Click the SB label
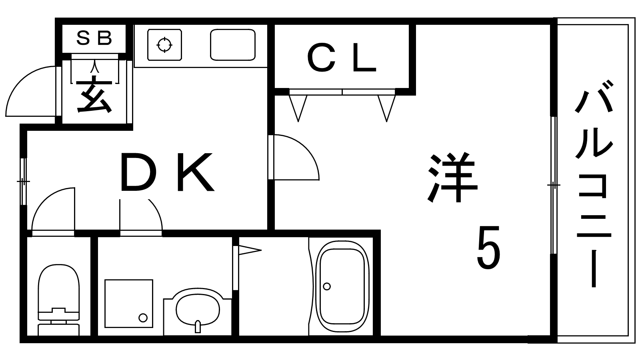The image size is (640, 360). pos(94,38)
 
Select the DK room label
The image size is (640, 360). pos(167,172)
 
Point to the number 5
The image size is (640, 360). pos(488,247)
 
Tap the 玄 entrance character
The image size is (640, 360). pos(94,94)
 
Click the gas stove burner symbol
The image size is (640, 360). pos(164,45)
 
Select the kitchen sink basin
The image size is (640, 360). pos(233,45)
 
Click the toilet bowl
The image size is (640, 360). pos(58,288)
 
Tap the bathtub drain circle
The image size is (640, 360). pos(327,286)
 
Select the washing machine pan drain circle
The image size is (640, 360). pos(143,318)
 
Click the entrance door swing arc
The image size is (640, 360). pos(30,92)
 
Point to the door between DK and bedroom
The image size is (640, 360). pos(294,157)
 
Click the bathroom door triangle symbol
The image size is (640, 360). pos(250,250)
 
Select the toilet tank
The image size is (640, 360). pos(58,330)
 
